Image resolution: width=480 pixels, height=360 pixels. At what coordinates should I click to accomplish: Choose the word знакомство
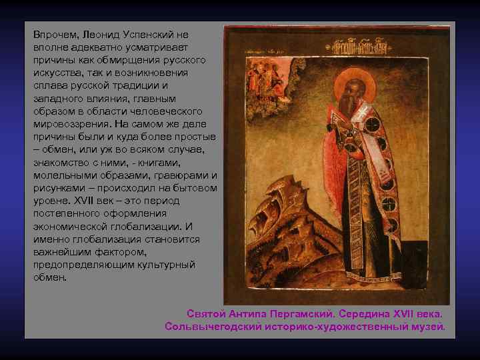click(x=62, y=163)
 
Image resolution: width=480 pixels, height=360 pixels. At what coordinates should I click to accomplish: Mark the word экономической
click(x=74, y=226)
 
